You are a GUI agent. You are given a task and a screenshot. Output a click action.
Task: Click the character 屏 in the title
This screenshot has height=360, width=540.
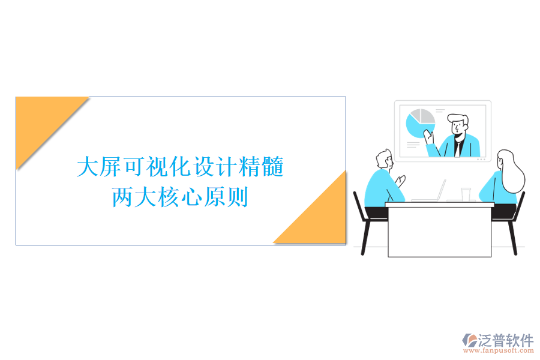pyautogui.click(x=110, y=167)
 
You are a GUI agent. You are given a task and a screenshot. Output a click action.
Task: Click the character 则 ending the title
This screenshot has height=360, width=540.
pyautogui.click(x=238, y=197)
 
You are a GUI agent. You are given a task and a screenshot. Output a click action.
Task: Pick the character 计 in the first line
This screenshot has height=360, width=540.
pyautogui.click(x=230, y=167)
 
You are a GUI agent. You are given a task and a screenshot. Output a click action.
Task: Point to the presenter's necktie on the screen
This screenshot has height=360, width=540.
pyautogui.click(x=457, y=146)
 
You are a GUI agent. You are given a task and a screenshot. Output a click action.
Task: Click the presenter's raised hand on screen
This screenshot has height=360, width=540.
pyautogui.click(x=429, y=136)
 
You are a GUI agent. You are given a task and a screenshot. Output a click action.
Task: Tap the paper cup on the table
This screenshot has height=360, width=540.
pyautogui.click(x=465, y=194)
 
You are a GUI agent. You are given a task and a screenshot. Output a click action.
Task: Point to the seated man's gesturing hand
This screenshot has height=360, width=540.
pyautogui.click(x=400, y=180)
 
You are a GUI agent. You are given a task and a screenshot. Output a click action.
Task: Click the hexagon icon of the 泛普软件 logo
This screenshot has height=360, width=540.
pyautogui.click(x=469, y=340)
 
